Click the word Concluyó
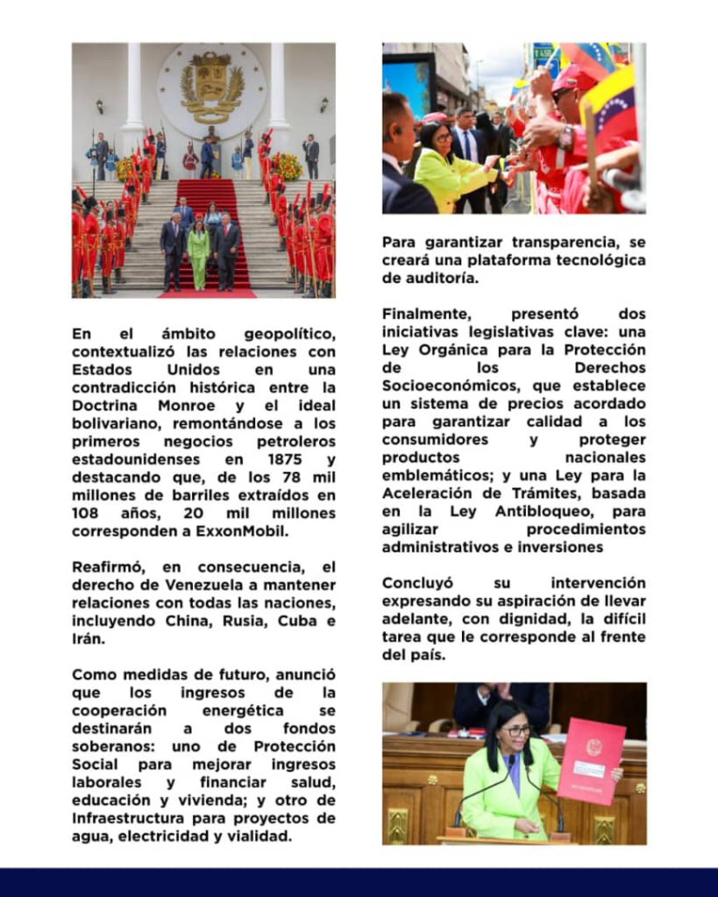click(416, 583)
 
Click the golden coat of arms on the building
click(211, 86)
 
